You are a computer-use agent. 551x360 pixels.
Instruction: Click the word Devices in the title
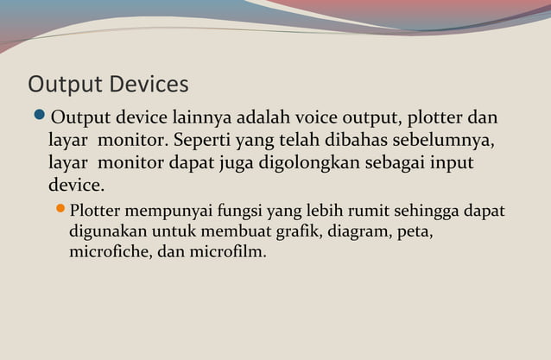pos(148,85)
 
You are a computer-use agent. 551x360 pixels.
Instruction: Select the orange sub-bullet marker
pos(60,210)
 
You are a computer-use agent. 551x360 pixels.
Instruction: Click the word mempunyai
pos(166,212)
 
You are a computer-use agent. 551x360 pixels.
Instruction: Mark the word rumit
pos(358,212)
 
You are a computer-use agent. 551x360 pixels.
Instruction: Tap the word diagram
pos(348,233)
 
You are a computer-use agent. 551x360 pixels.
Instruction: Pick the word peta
pos(413,233)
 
